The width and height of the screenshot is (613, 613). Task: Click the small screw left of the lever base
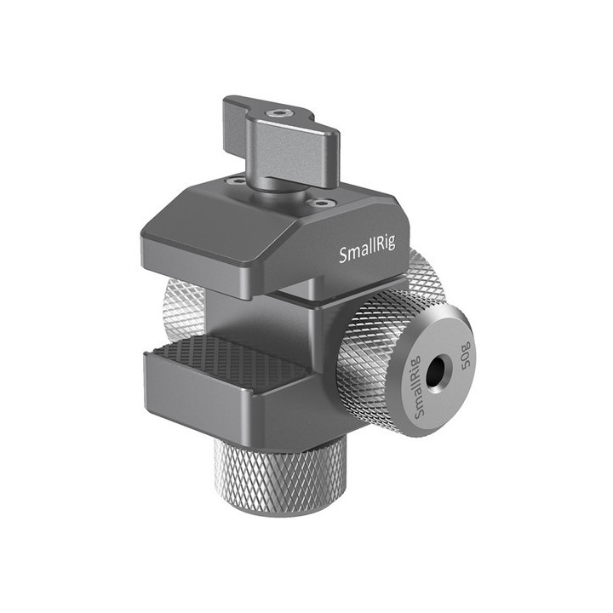(232, 180)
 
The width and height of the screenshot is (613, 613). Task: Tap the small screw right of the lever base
(320, 203)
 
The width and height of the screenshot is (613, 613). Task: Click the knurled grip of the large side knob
(366, 358)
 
